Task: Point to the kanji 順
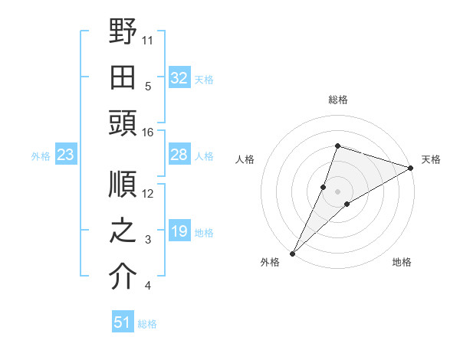(x=123, y=184)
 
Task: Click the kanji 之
(x=123, y=231)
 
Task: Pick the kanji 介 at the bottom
(x=123, y=277)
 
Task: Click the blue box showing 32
(x=179, y=77)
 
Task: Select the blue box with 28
(x=179, y=155)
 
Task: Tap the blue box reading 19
(x=179, y=232)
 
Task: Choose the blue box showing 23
(x=66, y=155)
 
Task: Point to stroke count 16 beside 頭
(x=148, y=133)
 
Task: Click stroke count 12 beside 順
(x=148, y=194)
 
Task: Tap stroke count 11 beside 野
(x=148, y=39)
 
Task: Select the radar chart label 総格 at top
(x=337, y=100)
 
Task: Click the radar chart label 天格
(x=431, y=159)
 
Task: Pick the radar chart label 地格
(x=402, y=263)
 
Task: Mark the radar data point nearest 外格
(x=292, y=253)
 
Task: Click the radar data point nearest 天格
(x=410, y=169)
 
